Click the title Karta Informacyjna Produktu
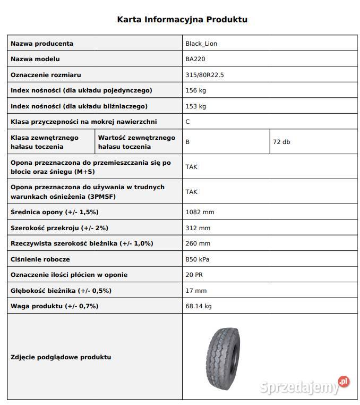(182, 20)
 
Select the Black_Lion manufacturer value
(201, 44)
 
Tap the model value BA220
(195, 59)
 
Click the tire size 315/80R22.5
(204, 75)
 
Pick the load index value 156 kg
(195, 90)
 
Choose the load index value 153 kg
(195, 106)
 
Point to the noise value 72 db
(281, 142)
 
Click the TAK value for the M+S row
(191, 166)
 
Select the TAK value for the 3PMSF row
(191, 191)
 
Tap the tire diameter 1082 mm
(200, 212)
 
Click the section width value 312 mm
(198, 228)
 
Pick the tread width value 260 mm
(198, 243)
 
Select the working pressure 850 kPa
(198, 259)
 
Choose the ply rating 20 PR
(194, 275)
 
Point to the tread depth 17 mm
(196, 291)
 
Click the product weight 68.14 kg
(199, 306)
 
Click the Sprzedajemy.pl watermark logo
(305, 386)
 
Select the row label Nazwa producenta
(42, 44)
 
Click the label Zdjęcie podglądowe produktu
(61, 357)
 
